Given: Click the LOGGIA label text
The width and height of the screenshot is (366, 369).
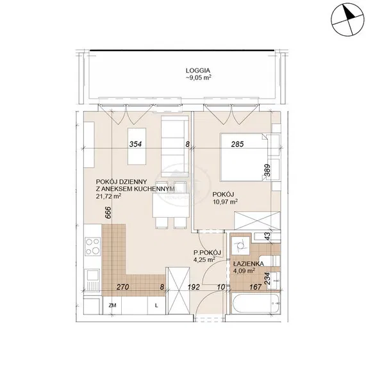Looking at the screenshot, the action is pos(198,70).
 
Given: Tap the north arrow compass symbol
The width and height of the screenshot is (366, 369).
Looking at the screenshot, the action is pos(347,20).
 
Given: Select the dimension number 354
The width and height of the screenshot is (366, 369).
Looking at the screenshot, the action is pos(136,144).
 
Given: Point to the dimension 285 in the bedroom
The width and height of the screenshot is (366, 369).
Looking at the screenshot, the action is pos(237,144).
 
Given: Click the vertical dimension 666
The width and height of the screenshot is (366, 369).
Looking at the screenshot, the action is pos(108,213).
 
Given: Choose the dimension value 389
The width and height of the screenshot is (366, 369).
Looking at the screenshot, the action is pos(267,170).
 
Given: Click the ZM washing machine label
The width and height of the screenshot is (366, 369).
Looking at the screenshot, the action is pos(112,306).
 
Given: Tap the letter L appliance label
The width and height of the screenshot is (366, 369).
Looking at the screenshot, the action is pos(156,306).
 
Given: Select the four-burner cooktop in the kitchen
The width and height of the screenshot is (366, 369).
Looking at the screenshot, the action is pos(92,247).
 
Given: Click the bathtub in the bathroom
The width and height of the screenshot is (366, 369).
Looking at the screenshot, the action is pos(256,303).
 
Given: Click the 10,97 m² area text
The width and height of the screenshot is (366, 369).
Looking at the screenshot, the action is pos(225,201).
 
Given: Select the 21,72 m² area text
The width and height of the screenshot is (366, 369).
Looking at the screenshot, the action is pos(108,196).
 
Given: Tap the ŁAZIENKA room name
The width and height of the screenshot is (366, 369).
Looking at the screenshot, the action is pos(249,264).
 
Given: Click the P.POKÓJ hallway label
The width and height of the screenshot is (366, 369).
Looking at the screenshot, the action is pos(207,252).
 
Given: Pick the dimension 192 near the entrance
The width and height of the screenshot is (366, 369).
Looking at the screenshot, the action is pos(194,287).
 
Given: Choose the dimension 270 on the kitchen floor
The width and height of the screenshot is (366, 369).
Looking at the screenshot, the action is pos(123,287).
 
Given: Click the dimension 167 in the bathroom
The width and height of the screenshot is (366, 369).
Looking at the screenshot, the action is pos(256,287).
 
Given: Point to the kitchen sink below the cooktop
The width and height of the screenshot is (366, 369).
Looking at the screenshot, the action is pos(92,280).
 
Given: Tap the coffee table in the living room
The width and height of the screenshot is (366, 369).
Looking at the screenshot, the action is pos(137,146).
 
